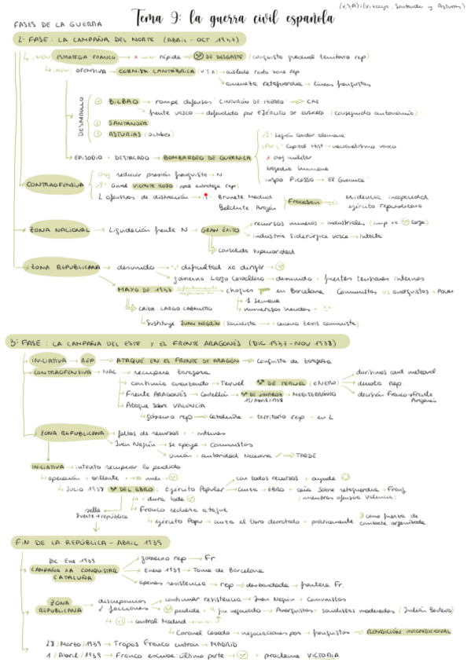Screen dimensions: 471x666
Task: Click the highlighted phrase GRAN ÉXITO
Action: tap(219, 230)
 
